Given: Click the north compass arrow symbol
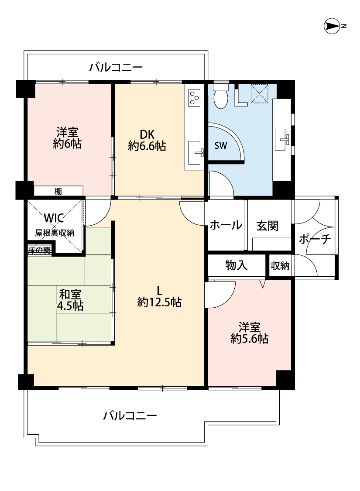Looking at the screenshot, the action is [x=332, y=26].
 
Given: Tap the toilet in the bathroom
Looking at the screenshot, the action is [x=221, y=95].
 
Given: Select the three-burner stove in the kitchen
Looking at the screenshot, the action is [x=194, y=98].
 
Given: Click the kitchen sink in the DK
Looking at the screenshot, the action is [x=195, y=152].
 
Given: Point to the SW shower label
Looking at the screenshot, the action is [x=221, y=146].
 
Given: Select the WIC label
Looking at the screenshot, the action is [x=54, y=218].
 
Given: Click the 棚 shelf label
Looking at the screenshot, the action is [x=58, y=191].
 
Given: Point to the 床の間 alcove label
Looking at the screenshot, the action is [x=39, y=250].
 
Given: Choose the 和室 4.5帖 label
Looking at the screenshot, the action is [x=70, y=300].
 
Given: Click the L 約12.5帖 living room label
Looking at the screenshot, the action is [x=159, y=296].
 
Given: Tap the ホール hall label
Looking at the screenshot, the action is [x=226, y=225].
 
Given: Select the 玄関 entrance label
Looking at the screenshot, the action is [x=267, y=226].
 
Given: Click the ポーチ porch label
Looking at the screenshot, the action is [x=315, y=239].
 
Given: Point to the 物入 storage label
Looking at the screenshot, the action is [x=237, y=265].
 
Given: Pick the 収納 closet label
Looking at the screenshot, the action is [x=280, y=266].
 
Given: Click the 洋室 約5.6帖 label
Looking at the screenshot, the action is [x=250, y=333].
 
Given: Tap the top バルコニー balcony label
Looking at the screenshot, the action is [x=116, y=67].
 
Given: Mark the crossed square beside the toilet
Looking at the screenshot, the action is [x=260, y=93].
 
